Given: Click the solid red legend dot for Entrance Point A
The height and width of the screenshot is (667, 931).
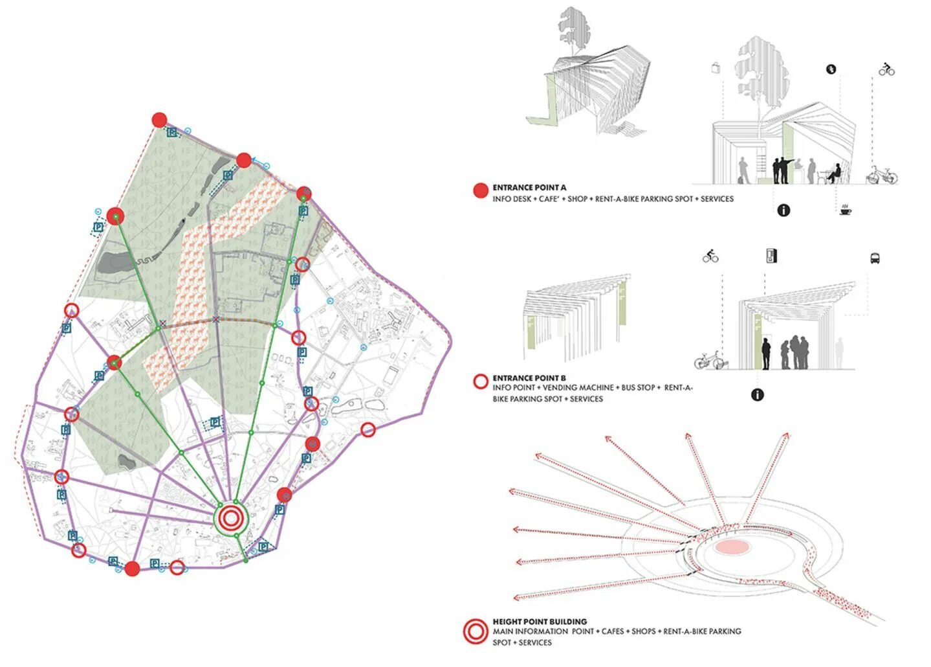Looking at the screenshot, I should pyautogui.click(x=480, y=190).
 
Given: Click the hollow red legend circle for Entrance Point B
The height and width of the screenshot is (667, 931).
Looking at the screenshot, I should pyautogui.click(x=480, y=381).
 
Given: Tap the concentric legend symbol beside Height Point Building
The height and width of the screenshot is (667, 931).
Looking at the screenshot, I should pyautogui.click(x=476, y=632).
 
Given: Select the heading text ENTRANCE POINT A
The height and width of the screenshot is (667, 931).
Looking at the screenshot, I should pyautogui.click(x=529, y=188).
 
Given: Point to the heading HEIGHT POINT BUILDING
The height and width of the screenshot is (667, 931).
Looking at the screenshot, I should pyautogui.click(x=540, y=621).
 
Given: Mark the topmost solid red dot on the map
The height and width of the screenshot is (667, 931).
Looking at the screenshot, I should pyautogui.click(x=159, y=120).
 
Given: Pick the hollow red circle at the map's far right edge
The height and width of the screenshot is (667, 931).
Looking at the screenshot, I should pyautogui.click(x=367, y=429).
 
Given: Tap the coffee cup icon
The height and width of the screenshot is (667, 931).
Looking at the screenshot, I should pyautogui.click(x=846, y=210).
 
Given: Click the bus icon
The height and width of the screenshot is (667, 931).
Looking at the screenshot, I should pyautogui.click(x=875, y=258).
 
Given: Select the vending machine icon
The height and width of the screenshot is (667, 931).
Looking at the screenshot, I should pyautogui.click(x=771, y=256).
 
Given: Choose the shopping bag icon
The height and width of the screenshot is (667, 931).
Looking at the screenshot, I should pyautogui.click(x=716, y=67).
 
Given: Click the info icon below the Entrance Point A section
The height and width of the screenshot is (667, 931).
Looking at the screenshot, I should pyautogui.click(x=783, y=210).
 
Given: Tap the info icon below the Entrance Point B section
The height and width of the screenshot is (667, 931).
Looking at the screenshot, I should pyautogui.click(x=757, y=394).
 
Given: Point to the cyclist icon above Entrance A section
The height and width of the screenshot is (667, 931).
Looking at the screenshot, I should pyautogui.click(x=886, y=69).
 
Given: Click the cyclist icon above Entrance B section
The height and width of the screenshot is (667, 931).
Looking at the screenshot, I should pyautogui.click(x=710, y=256).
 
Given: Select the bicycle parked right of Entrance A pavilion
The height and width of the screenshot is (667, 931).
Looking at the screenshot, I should pyautogui.click(x=882, y=175).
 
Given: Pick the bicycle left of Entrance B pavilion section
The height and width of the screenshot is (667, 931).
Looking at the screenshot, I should pyautogui.click(x=709, y=359).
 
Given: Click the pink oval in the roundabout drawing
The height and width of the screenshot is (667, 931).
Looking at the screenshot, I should pyautogui.click(x=732, y=547).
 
